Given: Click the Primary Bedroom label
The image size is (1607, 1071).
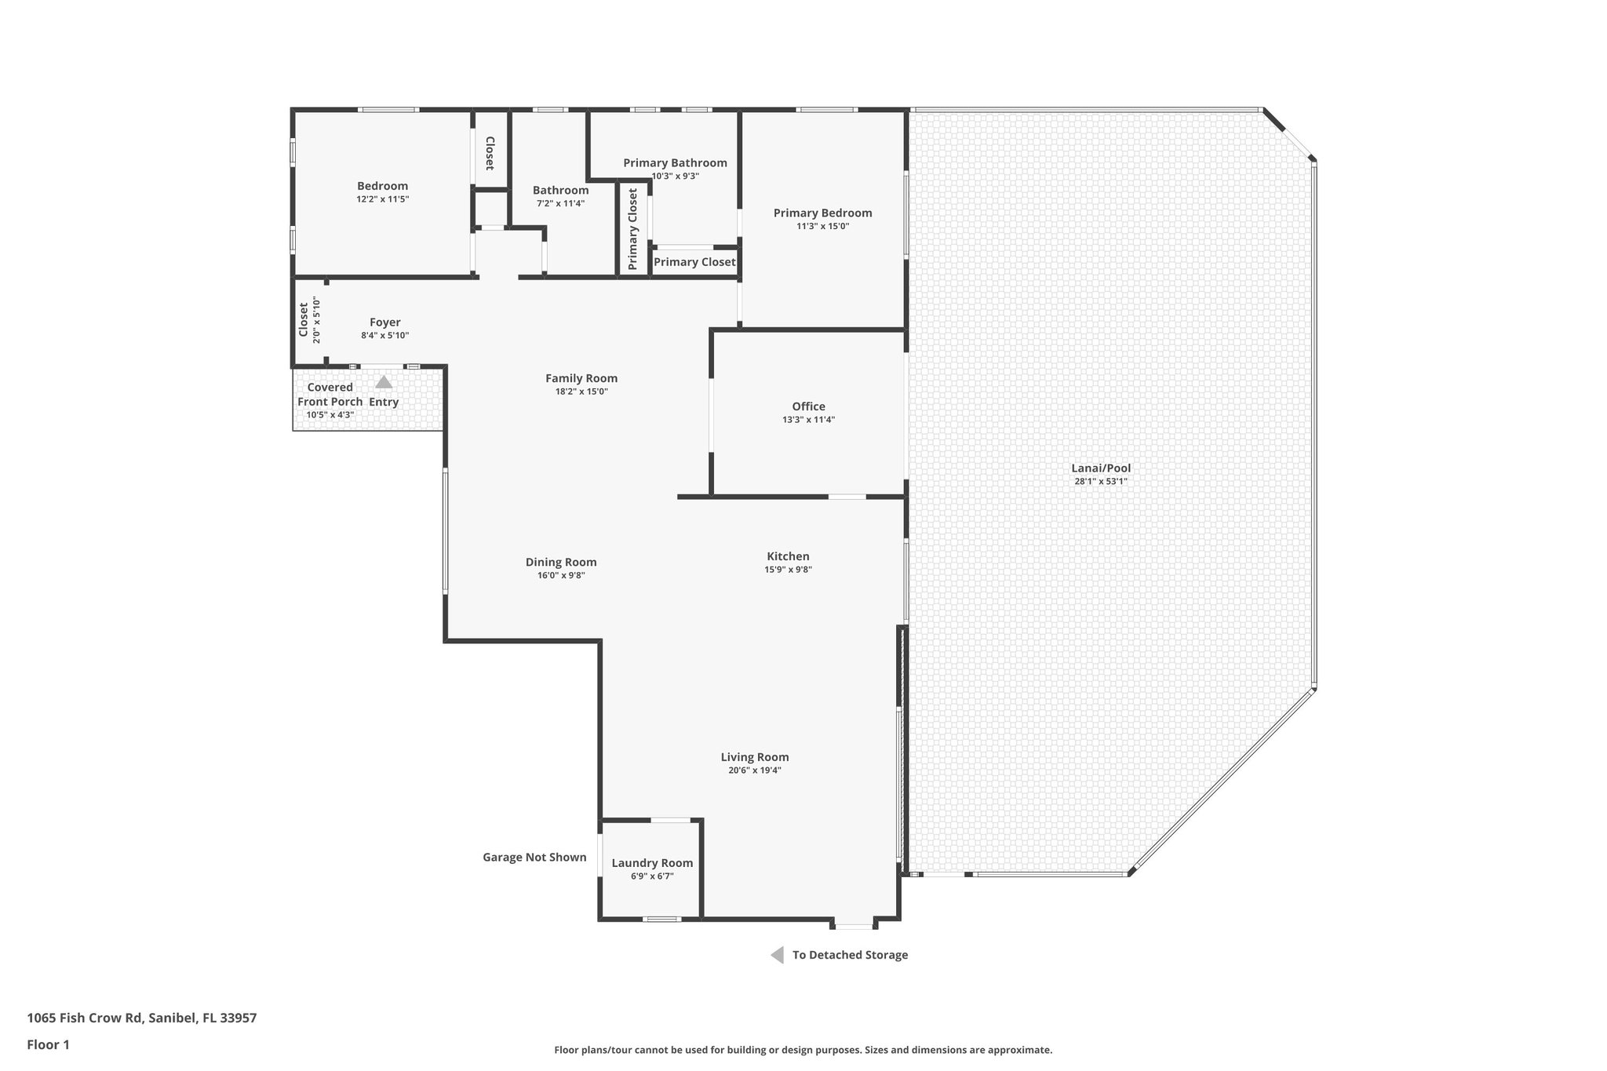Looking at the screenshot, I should click(x=822, y=213).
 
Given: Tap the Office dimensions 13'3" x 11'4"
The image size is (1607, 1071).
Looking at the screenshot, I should click(x=808, y=420).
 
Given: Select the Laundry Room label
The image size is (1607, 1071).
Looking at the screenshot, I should click(x=652, y=863).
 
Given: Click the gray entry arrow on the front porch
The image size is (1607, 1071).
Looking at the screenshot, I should click(x=384, y=382).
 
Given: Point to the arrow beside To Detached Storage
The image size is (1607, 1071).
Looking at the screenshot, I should click(x=777, y=955).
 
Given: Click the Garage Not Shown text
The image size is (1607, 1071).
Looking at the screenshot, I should click(x=534, y=857).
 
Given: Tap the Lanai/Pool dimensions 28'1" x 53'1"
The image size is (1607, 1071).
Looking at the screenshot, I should click(x=1100, y=482).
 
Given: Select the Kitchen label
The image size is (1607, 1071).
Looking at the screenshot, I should click(x=788, y=556).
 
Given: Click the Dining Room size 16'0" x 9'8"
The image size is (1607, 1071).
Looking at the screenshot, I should click(x=561, y=575).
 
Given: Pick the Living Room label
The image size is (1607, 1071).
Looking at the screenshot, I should click(x=755, y=757).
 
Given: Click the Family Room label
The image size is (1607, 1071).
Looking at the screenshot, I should click(x=581, y=378).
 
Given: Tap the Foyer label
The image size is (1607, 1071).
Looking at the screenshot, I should click(x=384, y=322).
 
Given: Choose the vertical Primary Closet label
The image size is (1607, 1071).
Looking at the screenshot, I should click(x=633, y=229).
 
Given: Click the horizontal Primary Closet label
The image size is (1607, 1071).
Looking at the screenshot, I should click(x=694, y=262).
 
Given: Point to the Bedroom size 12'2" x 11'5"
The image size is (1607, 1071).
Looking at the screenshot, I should click(x=383, y=199).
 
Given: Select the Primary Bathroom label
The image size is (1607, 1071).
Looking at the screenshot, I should click(x=675, y=163).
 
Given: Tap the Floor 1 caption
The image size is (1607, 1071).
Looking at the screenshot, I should click(x=48, y=1044).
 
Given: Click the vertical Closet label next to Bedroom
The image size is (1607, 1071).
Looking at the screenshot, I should click(x=490, y=153).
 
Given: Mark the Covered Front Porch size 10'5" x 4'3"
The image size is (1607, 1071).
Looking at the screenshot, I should click(x=330, y=415).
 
